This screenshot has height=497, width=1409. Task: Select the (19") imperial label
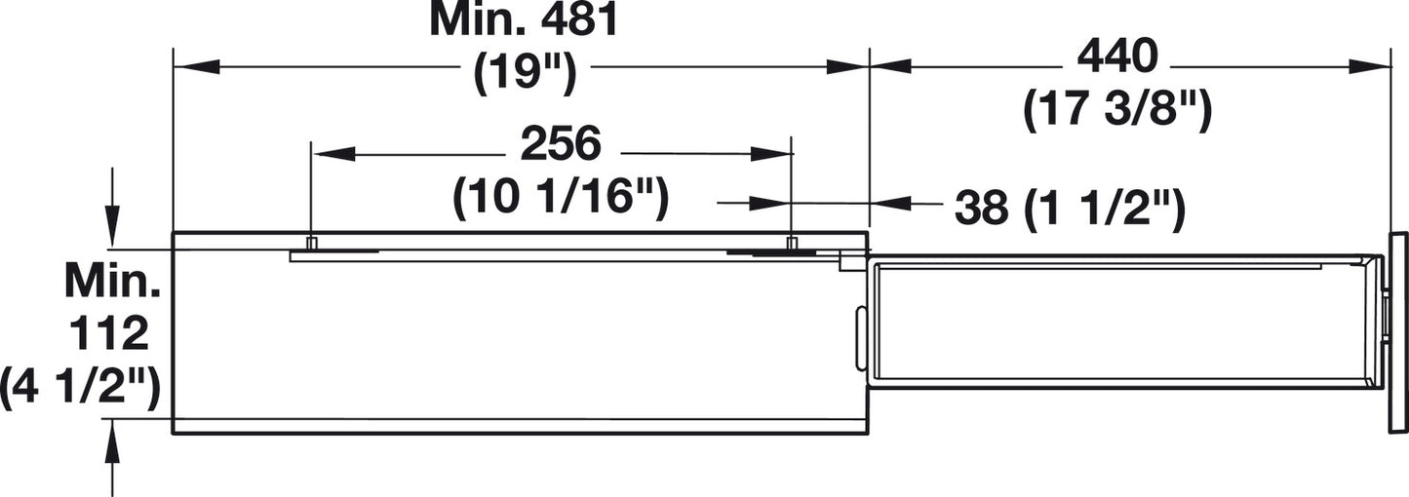525,75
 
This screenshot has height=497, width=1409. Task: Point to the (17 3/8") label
1117,110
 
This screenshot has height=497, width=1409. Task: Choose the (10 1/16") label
561,199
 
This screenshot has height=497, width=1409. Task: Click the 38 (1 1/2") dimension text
1070,208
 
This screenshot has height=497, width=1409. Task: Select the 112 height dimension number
108,333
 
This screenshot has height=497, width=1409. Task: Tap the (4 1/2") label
80,389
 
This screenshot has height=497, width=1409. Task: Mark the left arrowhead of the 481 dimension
196,66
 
